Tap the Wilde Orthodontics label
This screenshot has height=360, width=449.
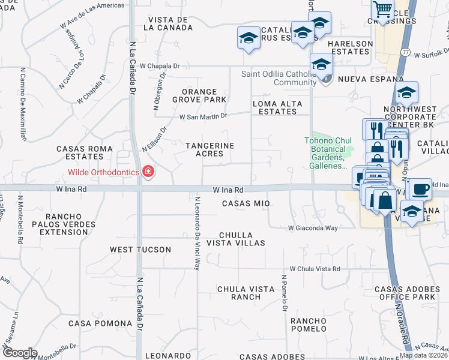click(98, 173)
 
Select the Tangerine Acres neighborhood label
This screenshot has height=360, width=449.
click(209, 149)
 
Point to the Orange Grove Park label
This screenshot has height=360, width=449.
click(200, 95)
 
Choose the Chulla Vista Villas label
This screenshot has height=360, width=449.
click(235, 239)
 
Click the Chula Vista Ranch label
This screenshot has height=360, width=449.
click(246, 293)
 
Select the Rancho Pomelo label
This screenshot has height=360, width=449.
click(309, 325)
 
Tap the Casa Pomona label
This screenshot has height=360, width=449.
click(95, 323)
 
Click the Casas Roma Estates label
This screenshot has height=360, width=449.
click(85, 152)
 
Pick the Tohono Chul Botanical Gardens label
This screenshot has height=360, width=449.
click(325, 153)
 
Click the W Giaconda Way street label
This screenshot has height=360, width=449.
click(313, 228)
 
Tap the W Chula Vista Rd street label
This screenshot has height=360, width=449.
click(315, 269)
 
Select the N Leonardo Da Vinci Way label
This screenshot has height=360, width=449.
click(197, 232)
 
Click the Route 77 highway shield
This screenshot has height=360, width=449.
click(406, 53)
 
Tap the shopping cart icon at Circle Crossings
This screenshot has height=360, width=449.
click(382, 10)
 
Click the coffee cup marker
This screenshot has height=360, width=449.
click(419, 189)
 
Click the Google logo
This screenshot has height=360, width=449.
click(19, 353)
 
